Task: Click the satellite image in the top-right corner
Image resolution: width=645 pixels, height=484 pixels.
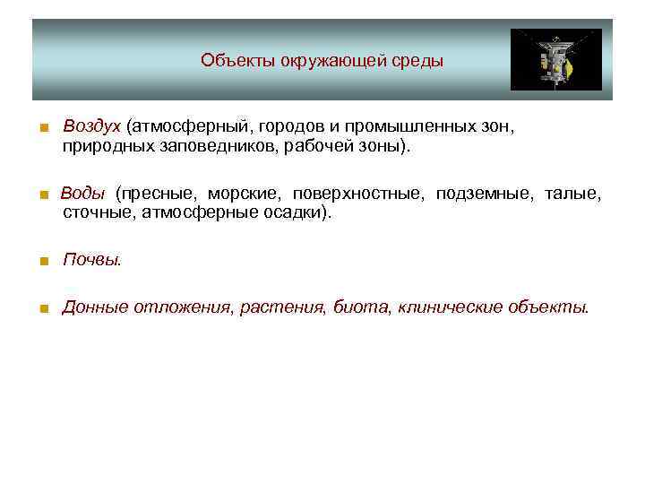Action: [555, 59]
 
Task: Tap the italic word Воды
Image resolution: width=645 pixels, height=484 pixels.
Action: [82, 194]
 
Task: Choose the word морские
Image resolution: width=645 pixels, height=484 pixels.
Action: [237, 194]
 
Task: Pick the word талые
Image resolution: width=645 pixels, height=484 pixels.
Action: [573, 194]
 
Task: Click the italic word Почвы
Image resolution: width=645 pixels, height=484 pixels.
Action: [90, 261]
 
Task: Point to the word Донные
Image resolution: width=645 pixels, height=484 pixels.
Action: [95, 307]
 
